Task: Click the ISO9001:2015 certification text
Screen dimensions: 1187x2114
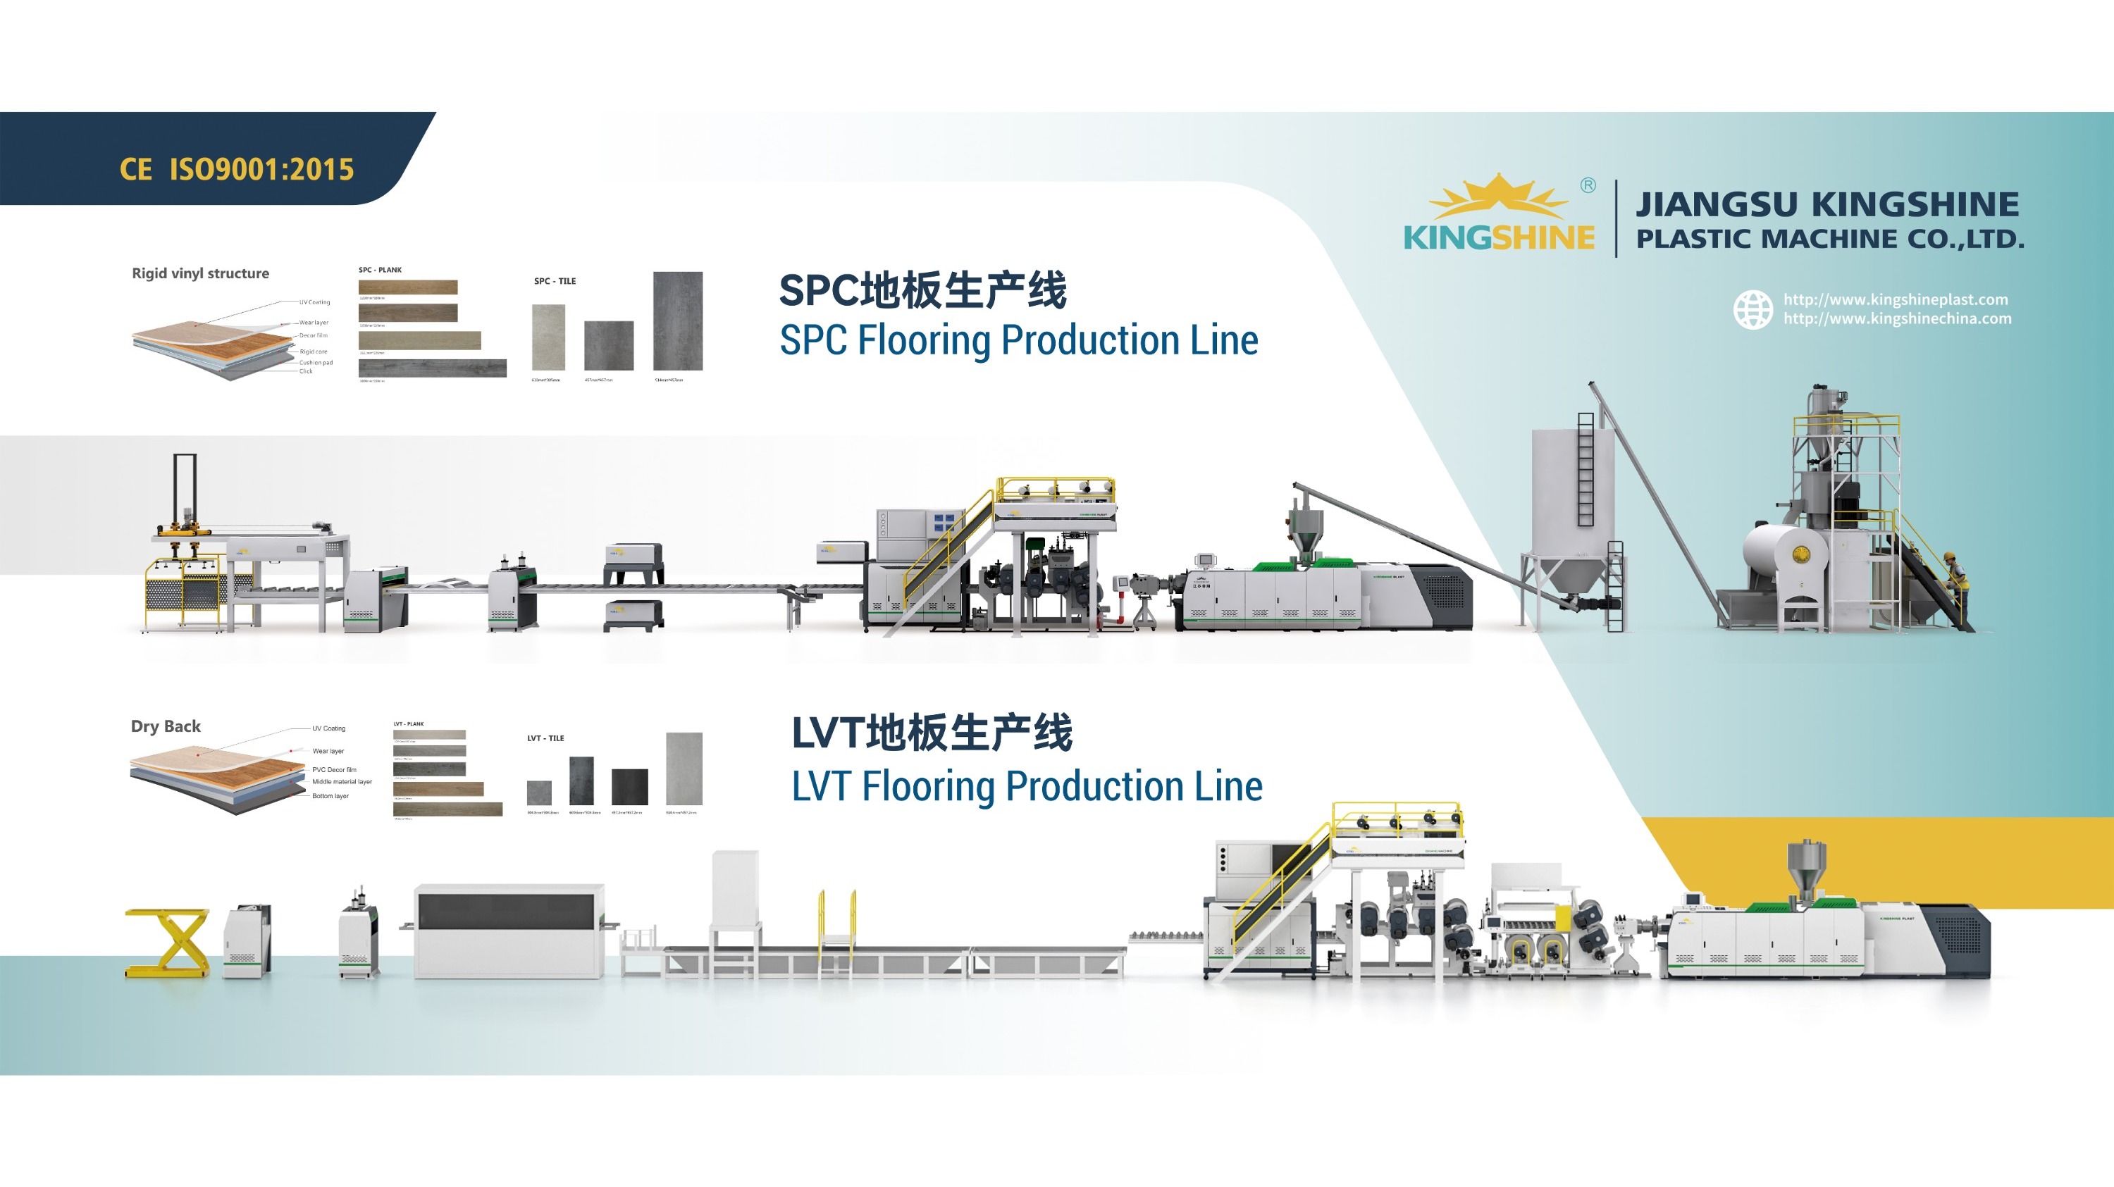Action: click(261, 169)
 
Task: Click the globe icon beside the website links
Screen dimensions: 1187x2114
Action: click(1753, 310)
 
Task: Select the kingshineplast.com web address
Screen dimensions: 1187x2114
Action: click(1896, 299)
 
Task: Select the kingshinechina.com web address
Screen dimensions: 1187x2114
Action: click(1898, 319)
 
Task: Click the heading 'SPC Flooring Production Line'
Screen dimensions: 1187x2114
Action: click(1018, 340)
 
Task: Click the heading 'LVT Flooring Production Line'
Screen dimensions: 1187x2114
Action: click(1027, 786)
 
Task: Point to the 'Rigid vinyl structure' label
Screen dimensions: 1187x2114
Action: click(200, 273)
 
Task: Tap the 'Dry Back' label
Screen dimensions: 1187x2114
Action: click(166, 726)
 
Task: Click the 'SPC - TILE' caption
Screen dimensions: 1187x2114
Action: click(555, 281)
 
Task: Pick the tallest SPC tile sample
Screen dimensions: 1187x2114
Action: click(678, 321)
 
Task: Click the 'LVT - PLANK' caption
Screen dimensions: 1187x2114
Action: click(409, 724)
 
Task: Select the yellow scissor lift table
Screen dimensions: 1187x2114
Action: click(168, 943)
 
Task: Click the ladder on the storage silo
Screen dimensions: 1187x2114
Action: click(1585, 469)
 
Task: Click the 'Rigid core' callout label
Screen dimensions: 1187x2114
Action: click(314, 351)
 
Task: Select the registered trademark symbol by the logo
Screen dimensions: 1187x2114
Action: click(1588, 185)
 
